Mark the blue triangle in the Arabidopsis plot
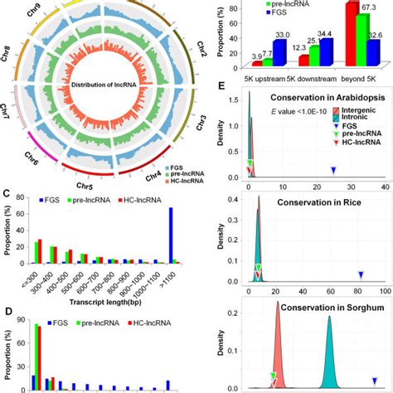click(x=333, y=170)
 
